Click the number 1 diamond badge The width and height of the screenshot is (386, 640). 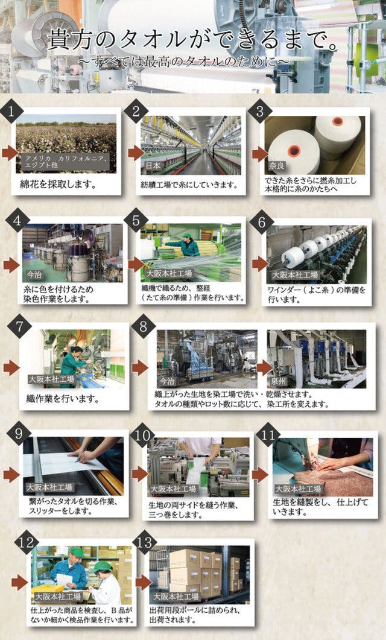click(10, 111)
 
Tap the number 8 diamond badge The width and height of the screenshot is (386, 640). click(143, 326)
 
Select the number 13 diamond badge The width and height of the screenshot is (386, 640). click(145, 542)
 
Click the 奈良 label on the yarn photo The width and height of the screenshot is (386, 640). click(277, 166)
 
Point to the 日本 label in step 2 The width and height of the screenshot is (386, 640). click(153, 166)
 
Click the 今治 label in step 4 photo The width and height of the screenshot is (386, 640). click(34, 274)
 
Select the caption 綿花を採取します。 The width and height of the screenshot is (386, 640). click(59, 184)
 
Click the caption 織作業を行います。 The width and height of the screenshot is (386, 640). click(63, 399)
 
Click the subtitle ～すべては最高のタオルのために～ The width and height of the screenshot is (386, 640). click(184, 61)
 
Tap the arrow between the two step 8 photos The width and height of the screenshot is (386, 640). click(264, 367)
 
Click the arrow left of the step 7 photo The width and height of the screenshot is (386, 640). click(11, 367)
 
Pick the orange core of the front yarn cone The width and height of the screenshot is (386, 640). click(294, 151)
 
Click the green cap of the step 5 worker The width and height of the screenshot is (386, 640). click(188, 235)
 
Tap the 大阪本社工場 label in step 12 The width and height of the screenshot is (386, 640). click(57, 597)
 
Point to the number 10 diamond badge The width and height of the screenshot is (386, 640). click(142, 436)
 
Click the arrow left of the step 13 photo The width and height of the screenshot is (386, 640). click(143, 583)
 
